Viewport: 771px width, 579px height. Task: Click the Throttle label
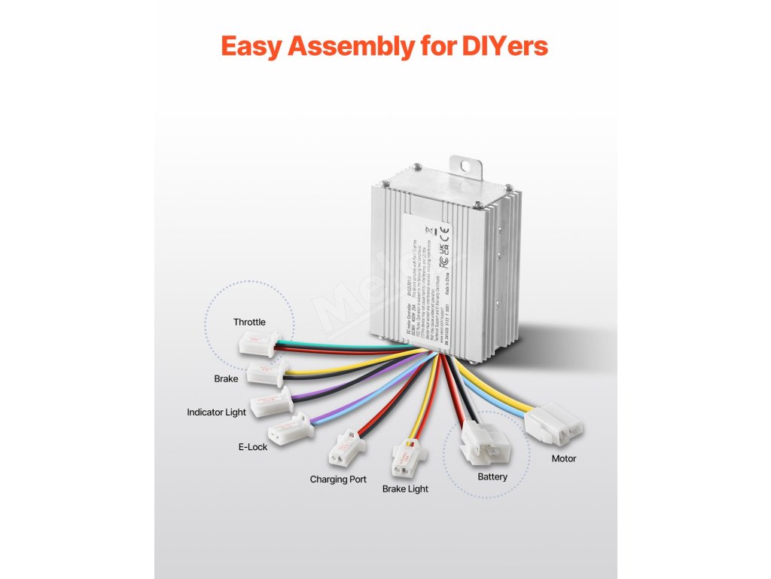point(249,322)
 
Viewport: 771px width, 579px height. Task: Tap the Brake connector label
point(226,378)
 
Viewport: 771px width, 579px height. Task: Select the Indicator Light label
point(217,412)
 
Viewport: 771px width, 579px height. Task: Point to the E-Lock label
point(253,447)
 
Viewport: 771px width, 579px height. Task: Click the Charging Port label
point(338,479)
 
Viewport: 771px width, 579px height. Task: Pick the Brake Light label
point(405,489)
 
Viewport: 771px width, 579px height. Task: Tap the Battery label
point(492,476)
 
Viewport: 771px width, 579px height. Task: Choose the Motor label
point(564,458)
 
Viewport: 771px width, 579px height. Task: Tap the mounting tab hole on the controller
point(468,164)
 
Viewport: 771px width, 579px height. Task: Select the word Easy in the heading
point(252,47)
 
